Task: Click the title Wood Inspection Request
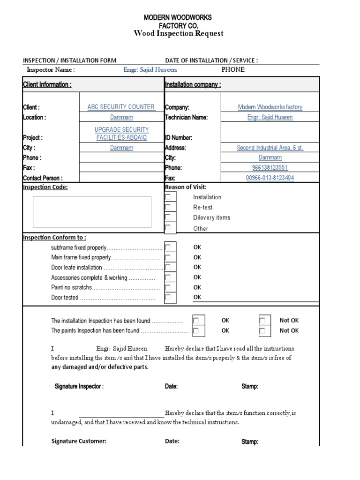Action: coord(178,33)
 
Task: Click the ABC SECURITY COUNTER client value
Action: coord(121,107)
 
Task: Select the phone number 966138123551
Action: coord(270,168)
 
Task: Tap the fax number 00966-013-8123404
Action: coord(270,178)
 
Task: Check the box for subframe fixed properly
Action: coord(170,247)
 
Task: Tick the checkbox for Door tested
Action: coord(170,297)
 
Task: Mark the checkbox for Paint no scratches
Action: coord(170,287)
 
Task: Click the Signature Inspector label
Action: coord(79,387)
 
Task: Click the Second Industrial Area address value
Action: coord(270,148)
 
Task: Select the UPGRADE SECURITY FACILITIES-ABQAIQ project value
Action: coord(121,133)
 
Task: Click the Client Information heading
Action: coord(47,85)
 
